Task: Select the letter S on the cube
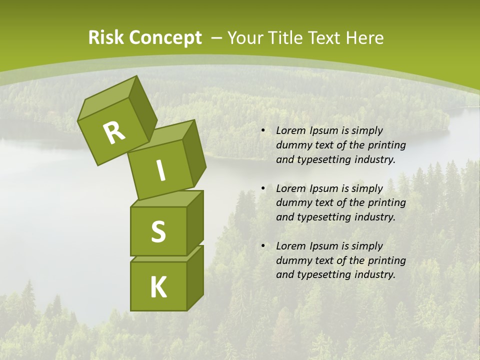(158, 232)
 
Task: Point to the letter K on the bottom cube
(158, 287)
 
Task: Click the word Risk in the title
(106, 38)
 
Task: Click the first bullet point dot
(263, 131)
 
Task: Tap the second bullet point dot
(263, 189)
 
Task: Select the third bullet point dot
(263, 246)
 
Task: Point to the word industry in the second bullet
(375, 217)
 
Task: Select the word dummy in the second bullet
(292, 203)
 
